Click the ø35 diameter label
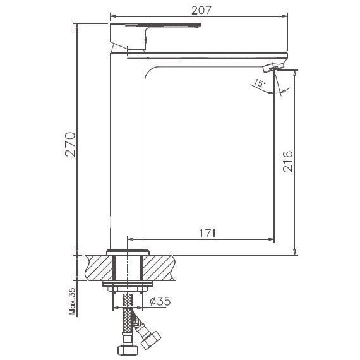[x=161, y=302]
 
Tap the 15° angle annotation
[x=258, y=83]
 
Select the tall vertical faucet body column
[x=128, y=152]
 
